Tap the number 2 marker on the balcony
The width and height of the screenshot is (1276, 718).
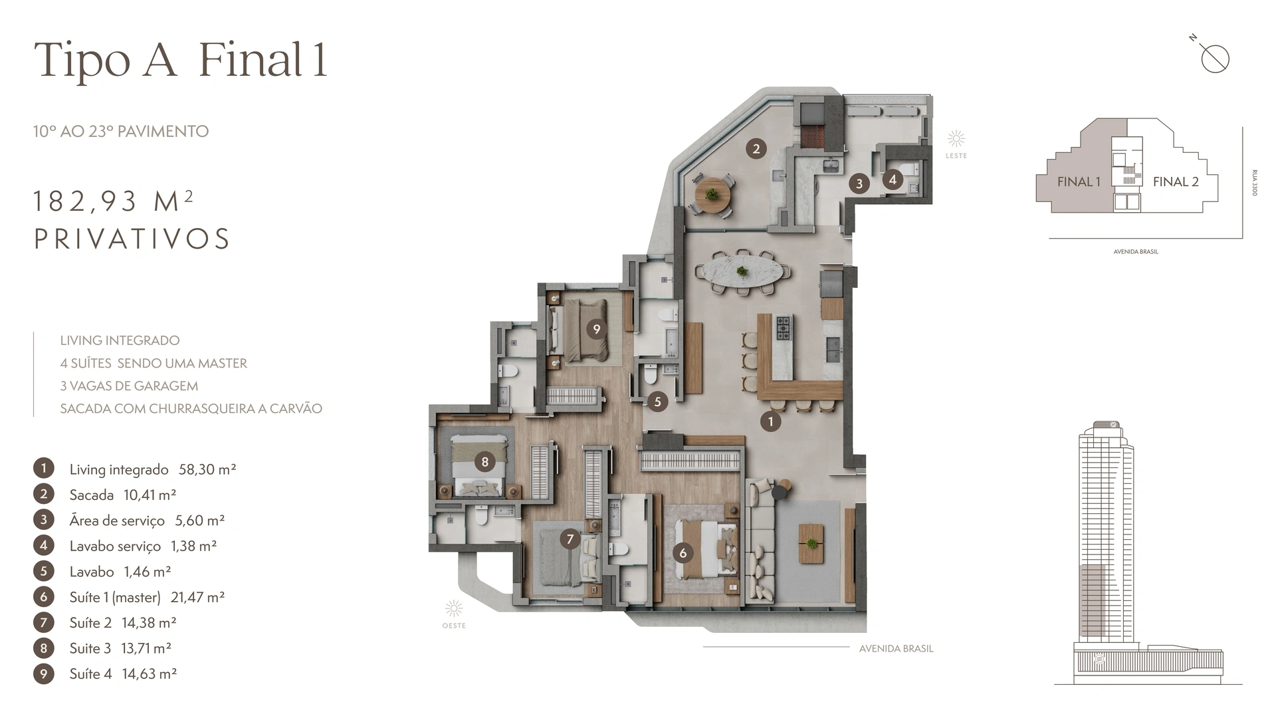[x=756, y=149]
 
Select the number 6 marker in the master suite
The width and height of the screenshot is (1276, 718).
[x=683, y=552]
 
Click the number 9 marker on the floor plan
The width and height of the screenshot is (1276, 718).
[x=596, y=329]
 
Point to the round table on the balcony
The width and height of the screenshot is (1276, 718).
[x=712, y=195]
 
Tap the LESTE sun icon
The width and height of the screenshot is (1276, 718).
[x=956, y=139]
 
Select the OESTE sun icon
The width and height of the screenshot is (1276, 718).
[x=454, y=609]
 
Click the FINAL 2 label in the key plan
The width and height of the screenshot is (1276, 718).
[x=1176, y=181]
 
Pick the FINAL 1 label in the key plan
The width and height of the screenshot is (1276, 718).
[x=1079, y=181]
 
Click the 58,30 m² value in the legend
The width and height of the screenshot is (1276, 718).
[x=207, y=469]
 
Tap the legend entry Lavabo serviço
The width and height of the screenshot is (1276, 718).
[x=115, y=546]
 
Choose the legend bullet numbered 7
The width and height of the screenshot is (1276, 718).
[x=44, y=622]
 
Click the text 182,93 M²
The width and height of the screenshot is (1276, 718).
[x=113, y=201]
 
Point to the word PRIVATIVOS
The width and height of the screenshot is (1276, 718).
[x=132, y=239]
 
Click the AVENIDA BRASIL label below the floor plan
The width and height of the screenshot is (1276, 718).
[x=896, y=649]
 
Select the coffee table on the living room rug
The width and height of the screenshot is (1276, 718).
[x=811, y=543]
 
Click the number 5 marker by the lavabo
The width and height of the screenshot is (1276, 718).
[x=657, y=402]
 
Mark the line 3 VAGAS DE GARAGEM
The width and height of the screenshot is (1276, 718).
[x=129, y=386]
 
